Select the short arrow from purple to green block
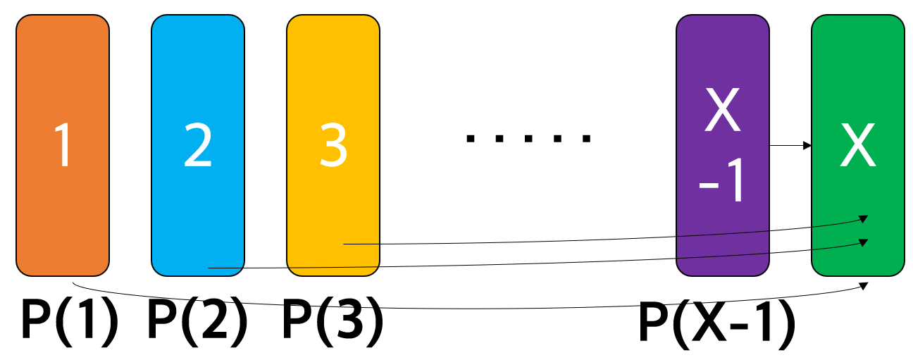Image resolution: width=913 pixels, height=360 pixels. [x=790, y=147]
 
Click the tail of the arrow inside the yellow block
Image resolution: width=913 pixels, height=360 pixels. [x=344, y=244]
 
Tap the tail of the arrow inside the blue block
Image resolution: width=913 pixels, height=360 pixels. [x=210, y=268]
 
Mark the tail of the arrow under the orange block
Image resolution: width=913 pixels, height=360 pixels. [x=73, y=284]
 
